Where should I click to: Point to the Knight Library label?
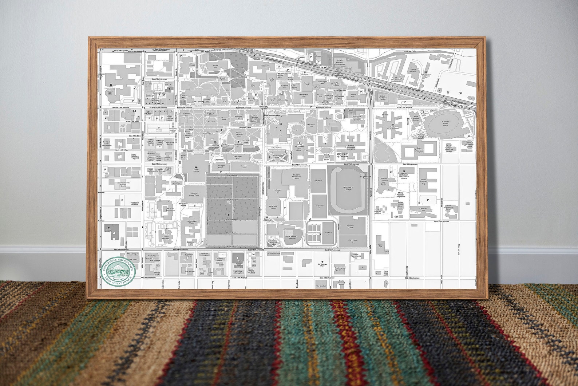[195, 170]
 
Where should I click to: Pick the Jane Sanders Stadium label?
[291, 237]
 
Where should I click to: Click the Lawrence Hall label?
[264, 66]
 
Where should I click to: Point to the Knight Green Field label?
[194, 195]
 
